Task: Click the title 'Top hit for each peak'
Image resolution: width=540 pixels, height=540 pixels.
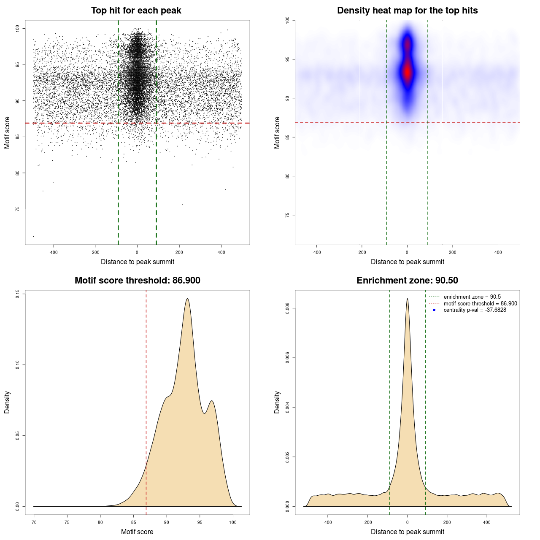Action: pyautogui.click(x=136, y=11)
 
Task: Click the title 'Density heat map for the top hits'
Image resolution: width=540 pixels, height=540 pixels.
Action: pyautogui.click(x=407, y=11)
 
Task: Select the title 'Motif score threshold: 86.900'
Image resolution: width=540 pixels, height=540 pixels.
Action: pyautogui.click(x=137, y=281)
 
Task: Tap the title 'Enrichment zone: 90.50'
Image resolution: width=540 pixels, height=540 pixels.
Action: pyautogui.click(x=407, y=281)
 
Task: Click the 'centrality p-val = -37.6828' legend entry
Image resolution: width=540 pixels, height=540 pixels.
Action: pyautogui.click(x=475, y=310)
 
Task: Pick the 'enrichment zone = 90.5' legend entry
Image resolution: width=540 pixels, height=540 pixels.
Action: pyautogui.click(x=472, y=297)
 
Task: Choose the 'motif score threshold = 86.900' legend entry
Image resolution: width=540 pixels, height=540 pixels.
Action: pyautogui.click(x=480, y=304)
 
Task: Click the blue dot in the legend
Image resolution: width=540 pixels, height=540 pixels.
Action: pyautogui.click(x=434, y=310)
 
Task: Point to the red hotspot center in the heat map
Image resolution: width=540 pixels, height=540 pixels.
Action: pyautogui.click(x=407, y=72)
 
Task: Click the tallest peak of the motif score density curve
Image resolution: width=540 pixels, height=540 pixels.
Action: pyautogui.click(x=187, y=299)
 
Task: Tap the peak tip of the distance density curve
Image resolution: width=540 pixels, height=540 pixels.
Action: pyautogui.click(x=407, y=299)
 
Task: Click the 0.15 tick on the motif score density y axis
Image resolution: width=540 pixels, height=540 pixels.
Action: pyautogui.click(x=18, y=294)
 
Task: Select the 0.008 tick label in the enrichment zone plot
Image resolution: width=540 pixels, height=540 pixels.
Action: pyautogui.click(x=288, y=308)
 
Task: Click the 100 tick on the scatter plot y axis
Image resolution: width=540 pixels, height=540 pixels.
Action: pyautogui.click(x=18, y=28)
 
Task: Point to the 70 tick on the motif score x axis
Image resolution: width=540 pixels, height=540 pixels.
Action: pyautogui.click(x=34, y=522)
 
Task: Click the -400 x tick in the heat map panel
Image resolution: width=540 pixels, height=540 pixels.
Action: pyautogui.click(x=316, y=252)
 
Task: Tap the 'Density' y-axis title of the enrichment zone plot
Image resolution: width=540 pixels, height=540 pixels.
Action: pyautogui.click(x=277, y=402)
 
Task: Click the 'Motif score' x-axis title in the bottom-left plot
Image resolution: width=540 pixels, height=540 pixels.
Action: pyautogui.click(x=137, y=532)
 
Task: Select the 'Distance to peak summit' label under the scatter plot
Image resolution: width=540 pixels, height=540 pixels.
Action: pyautogui.click(x=138, y=262)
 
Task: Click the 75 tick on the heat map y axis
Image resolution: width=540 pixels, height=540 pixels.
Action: pyautogui.click(x=288, y=215)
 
